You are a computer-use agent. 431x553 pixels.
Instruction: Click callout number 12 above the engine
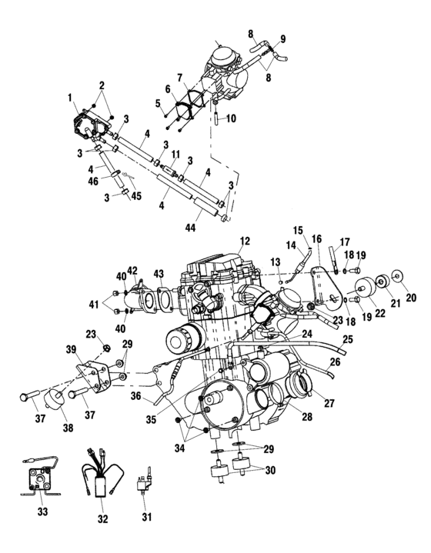[x=246, y=241]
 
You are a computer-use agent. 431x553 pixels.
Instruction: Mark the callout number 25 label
[x=347, y=339]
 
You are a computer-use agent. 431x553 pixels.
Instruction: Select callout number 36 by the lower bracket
[x=135, y=397]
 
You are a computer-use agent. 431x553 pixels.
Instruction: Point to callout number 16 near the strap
[x=316, y=240]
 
